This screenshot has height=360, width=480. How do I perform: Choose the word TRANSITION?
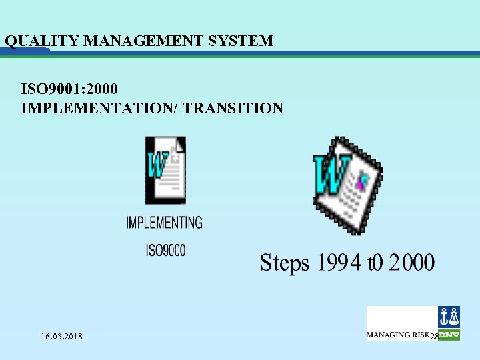(235, 107)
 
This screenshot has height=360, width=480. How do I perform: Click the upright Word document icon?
(165, 169)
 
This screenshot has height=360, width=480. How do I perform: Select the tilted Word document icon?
(348, 185)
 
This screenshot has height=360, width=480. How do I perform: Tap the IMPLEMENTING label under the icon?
(164, 222)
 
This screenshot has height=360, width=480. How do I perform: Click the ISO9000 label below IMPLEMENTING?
(165, 251)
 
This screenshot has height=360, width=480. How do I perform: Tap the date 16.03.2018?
(61, 336)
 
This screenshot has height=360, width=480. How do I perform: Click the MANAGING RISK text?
(398, 335)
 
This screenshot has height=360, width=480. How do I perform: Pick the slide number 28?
(433, 336)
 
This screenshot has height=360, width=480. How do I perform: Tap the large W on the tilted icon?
(328, 174)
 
